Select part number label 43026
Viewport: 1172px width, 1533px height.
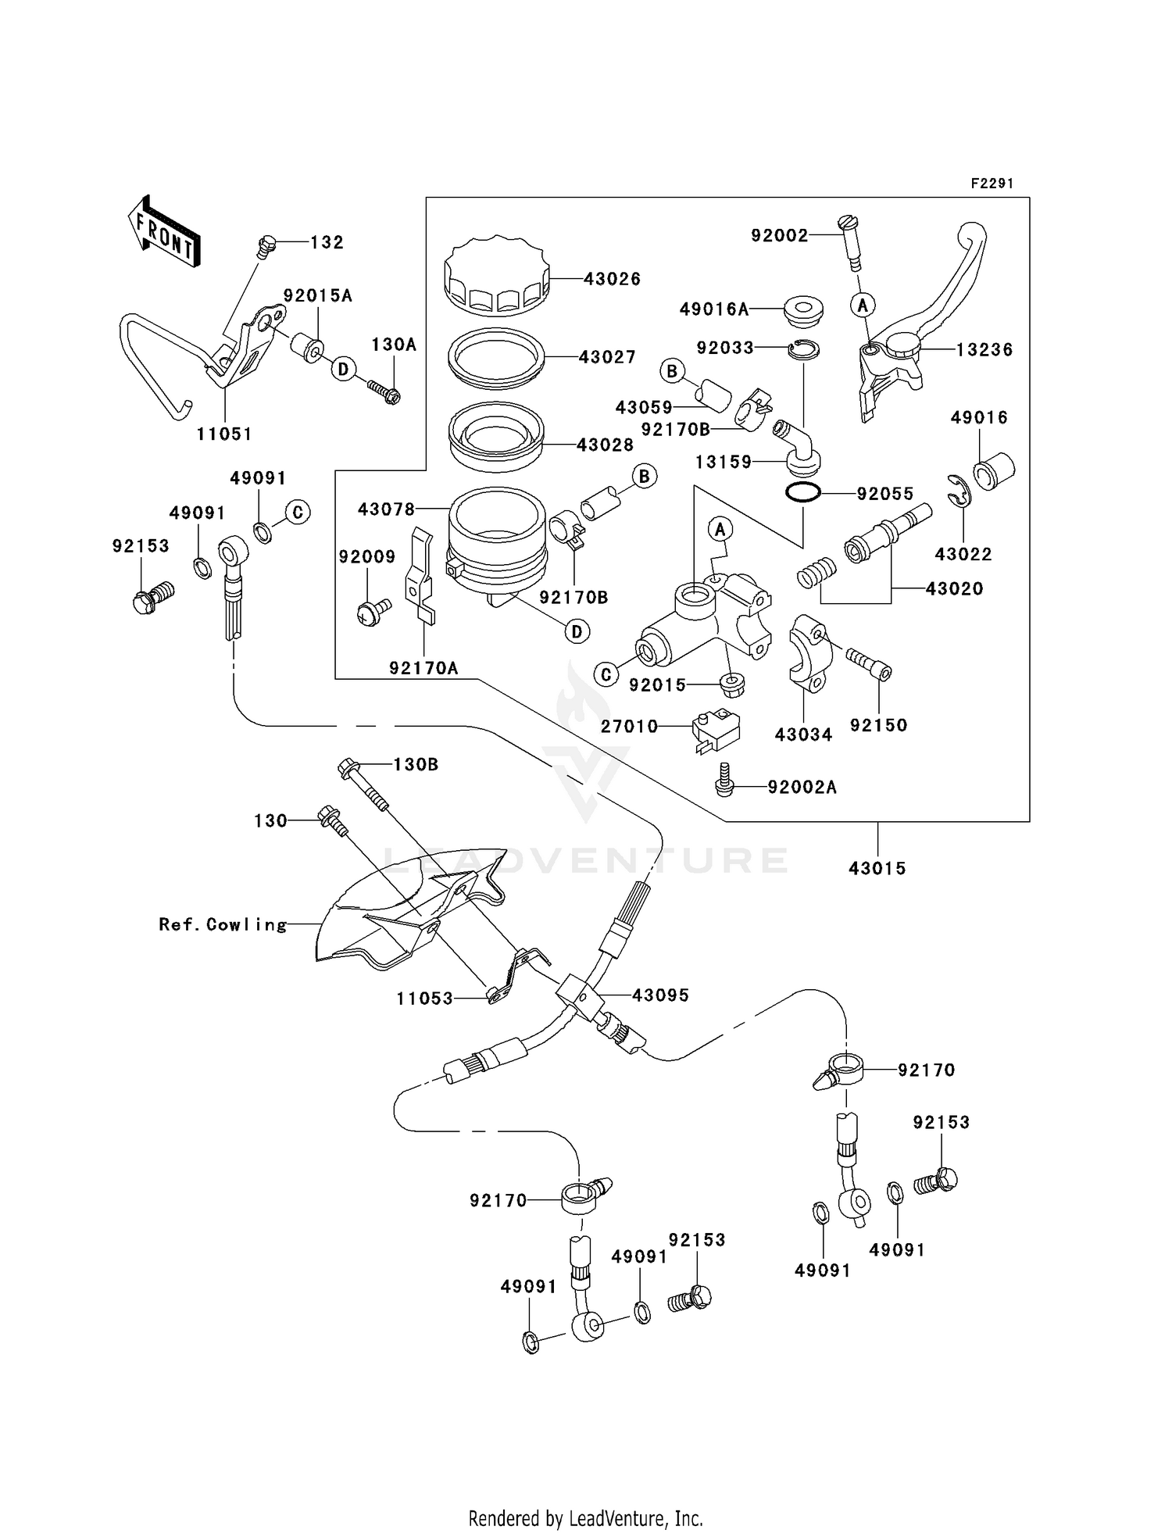tap(612, 279)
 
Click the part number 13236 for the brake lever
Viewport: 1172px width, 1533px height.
tap(984, 350)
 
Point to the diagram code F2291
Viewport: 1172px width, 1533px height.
tap(992, 184)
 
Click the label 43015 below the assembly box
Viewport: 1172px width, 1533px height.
tap(877, 868)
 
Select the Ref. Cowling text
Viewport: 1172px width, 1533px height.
tap(223, 925)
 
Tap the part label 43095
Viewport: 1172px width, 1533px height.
tap(660, 995)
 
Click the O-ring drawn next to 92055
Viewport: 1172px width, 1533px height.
tap(802, 493)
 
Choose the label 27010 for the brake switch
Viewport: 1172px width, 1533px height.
tap(629, 727)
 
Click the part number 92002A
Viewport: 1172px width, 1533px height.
tap(802, 788)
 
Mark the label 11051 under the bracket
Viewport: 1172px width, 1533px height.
tap(224, 434)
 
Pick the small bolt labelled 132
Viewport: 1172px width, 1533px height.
tap(266, 247)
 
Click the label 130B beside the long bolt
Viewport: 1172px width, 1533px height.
tap(415, 764)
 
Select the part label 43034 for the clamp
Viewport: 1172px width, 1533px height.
tap(803, 734)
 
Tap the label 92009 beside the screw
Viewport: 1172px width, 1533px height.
tap(366, 557)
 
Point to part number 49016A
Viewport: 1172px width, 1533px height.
tap(713, 309)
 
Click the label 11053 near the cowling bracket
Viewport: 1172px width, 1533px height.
tap(424, 999)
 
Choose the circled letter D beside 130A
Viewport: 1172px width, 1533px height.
tap(343, 369)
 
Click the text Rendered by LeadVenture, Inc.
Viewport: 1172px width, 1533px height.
tap(585, 1518)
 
